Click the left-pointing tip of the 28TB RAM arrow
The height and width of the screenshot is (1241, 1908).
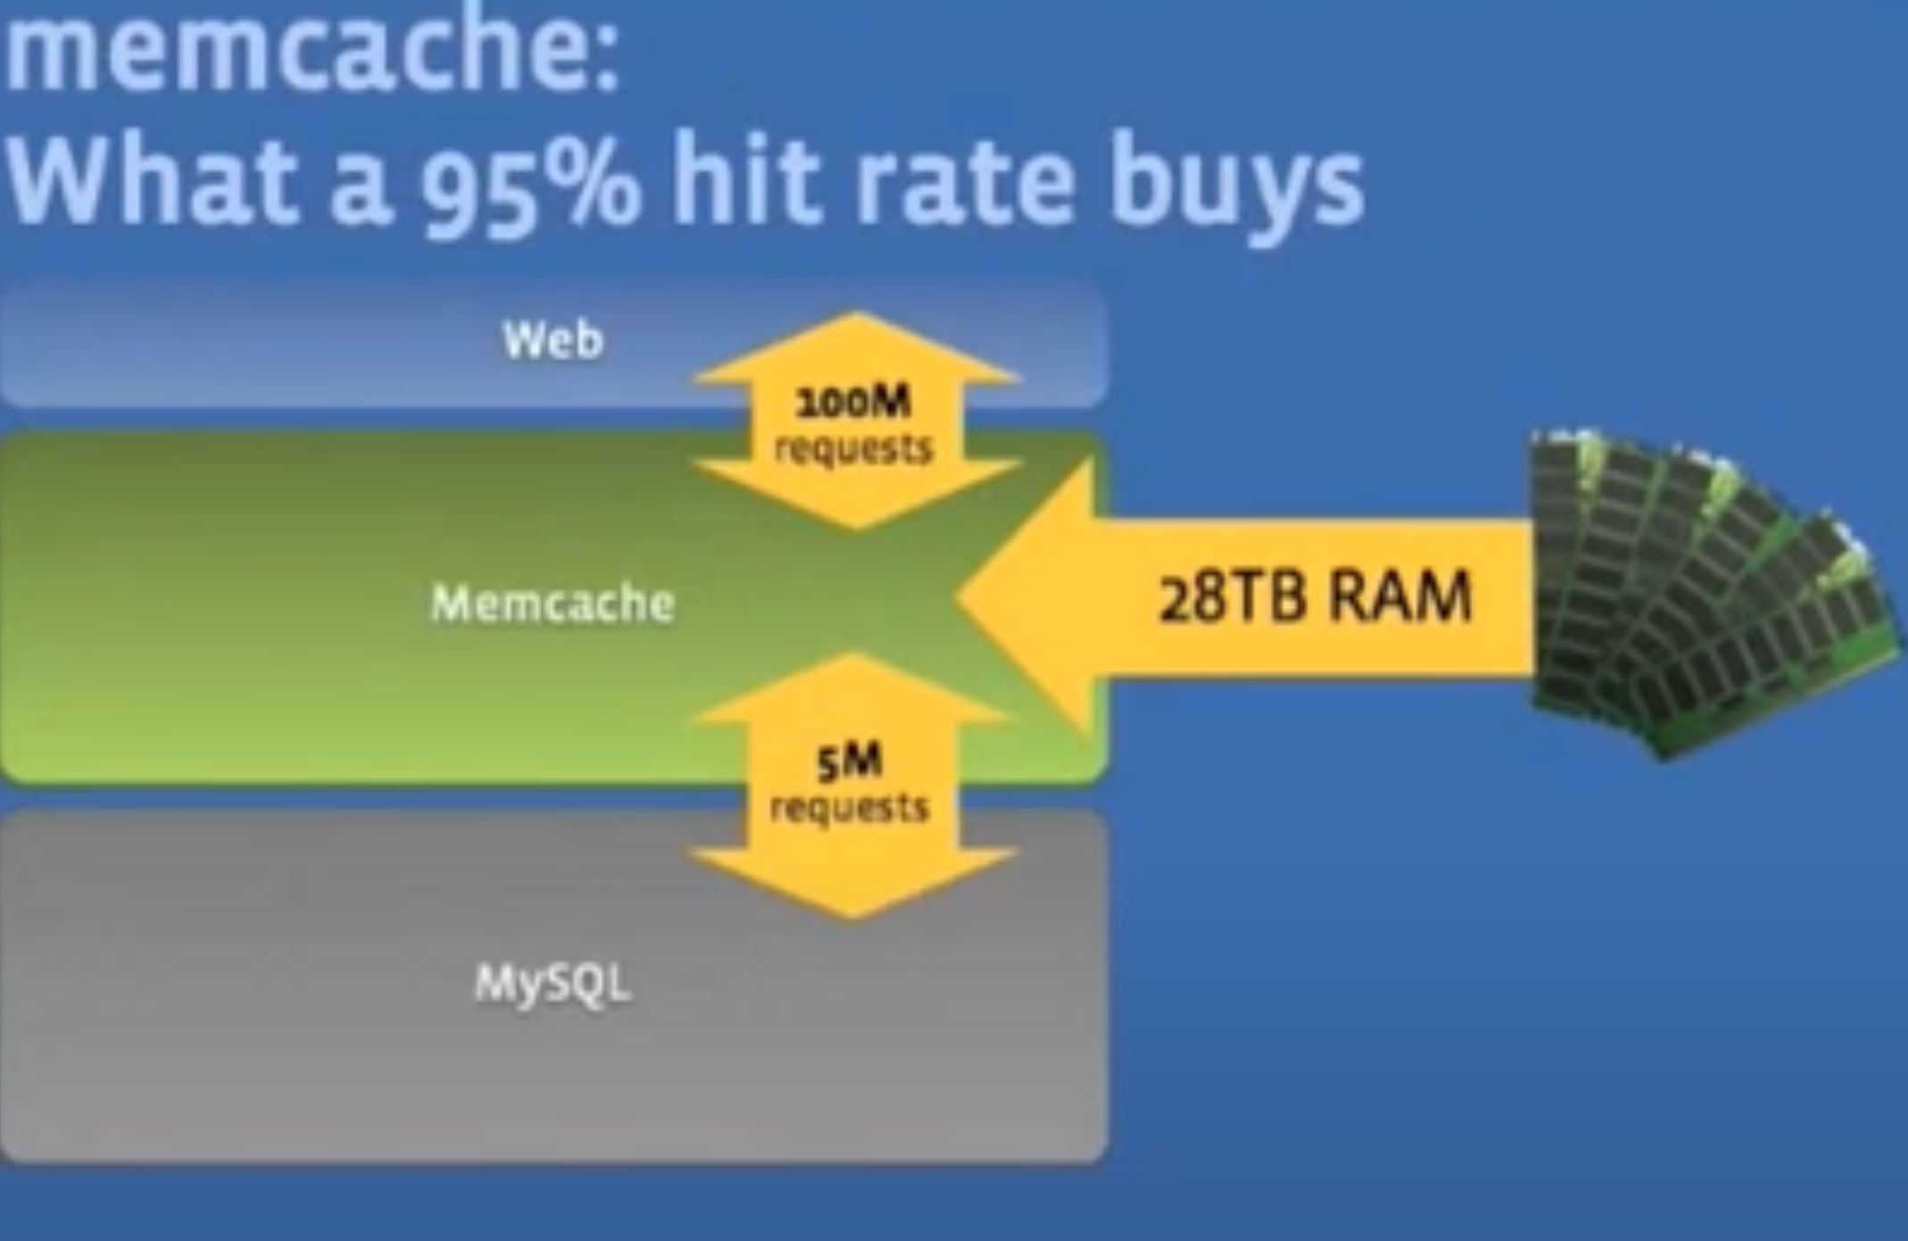click(957, 596)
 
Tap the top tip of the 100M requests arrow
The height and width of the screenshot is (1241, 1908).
click(855, 312)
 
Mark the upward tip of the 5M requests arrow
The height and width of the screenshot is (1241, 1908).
click(852, 654)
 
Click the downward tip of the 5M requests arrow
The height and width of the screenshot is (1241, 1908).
click(852, 919)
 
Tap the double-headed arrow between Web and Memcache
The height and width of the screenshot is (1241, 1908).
click(855, 421)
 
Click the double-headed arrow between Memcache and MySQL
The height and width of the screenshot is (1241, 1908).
click(852, 786)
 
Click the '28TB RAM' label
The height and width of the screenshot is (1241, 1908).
click(1315, 597)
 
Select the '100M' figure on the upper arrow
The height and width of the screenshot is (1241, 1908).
click(853, 402)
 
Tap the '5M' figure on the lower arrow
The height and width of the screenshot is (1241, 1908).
click(849, 761)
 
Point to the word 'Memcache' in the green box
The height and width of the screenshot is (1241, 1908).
click(552, 604)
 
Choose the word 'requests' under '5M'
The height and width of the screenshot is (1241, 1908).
click(850, 808)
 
